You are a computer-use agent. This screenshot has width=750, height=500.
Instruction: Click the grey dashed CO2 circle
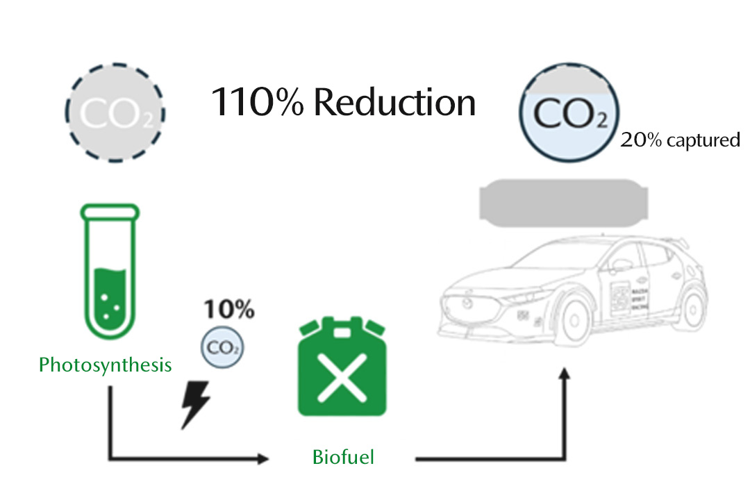(115, 111)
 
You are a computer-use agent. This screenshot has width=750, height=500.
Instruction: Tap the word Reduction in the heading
(394, 102)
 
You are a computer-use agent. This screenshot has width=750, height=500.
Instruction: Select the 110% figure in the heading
(257, 102)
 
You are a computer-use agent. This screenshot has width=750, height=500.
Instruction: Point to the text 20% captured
(680, 140)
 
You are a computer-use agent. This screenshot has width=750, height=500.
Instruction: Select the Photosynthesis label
(106, 365)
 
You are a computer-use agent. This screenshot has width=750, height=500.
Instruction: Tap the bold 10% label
(228, 310)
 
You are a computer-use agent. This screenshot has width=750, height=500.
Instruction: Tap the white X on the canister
(342, 379)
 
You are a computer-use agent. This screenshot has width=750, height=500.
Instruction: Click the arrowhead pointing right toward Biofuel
(262, 459)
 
